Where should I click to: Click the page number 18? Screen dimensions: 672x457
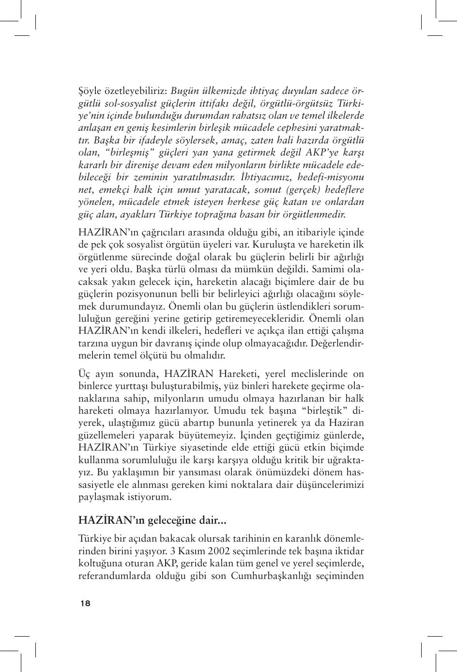85,603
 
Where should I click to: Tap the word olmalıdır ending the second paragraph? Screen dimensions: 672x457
207,355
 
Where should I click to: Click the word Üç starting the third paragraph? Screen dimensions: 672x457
84,374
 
